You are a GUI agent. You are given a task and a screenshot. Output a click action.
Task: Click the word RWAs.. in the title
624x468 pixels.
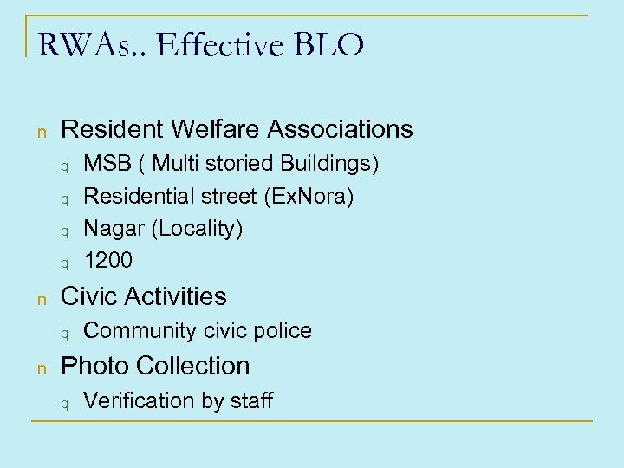pyautogui.click(x=84, y=44)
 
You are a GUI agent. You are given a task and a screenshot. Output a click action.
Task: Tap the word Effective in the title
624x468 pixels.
pyautogui.click(x=209, y=44)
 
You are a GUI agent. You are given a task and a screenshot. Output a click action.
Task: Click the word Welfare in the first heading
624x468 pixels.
pyautogui.click(x=217, y=129)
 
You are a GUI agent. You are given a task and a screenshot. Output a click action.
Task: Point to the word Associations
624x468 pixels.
pyautogui.click(x=341, y=129)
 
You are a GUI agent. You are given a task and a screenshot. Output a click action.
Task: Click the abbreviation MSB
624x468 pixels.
pyautogui.click(x=104, y=164)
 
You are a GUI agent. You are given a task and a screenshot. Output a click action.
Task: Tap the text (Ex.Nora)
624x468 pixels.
pyautogui.click(x=308, y=197)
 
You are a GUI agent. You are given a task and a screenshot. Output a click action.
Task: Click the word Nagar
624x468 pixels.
pyautogui.click(x=110, y=229)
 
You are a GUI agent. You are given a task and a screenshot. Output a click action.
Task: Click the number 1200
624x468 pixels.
pyautogui.click(x=108, y=260)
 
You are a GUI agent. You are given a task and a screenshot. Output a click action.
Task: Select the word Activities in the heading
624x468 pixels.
pyautogui.click(x=177, y=296)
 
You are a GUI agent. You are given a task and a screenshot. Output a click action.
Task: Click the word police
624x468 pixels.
pyautogui.click(x=283, y=330)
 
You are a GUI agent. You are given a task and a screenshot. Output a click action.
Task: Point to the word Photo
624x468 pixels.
pyautogui.click(x=90, y=366)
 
